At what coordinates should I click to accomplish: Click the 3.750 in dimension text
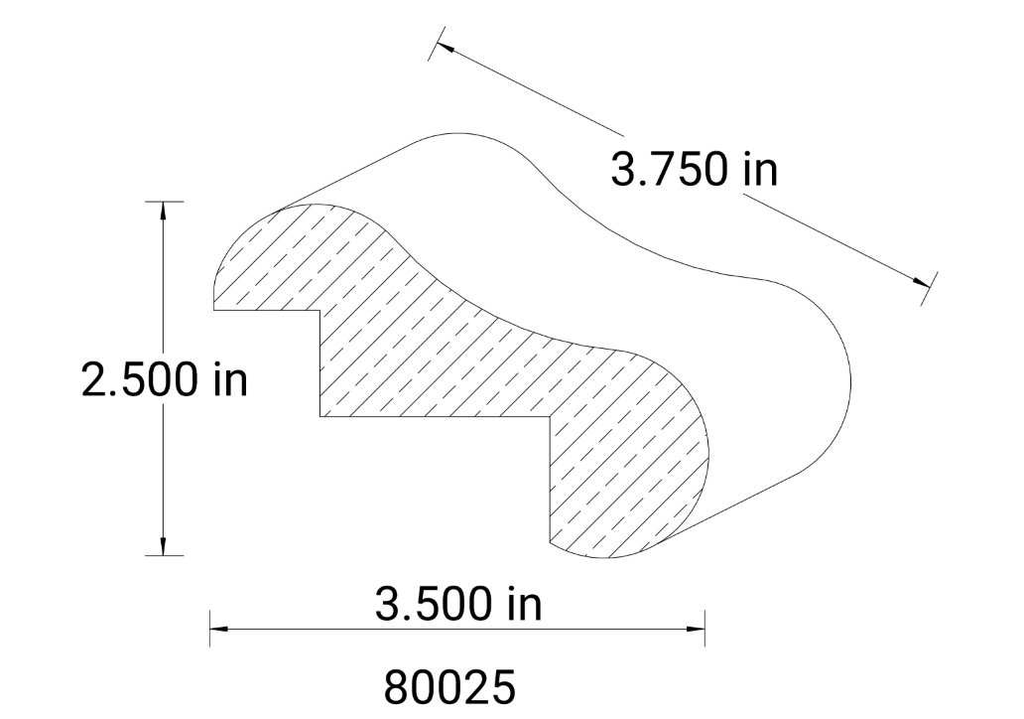coord(694,171)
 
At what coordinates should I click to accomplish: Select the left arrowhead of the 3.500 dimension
coord(219,629)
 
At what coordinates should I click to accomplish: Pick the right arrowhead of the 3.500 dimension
coord(696,629)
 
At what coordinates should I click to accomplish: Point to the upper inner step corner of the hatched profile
coord(320,311)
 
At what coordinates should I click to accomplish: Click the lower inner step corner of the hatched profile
coord(550,416)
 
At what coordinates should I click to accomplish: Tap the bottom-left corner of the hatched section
coord(550,542)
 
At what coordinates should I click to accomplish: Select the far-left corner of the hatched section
coord(214,309)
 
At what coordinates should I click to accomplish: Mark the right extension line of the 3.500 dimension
coord(704,629)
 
